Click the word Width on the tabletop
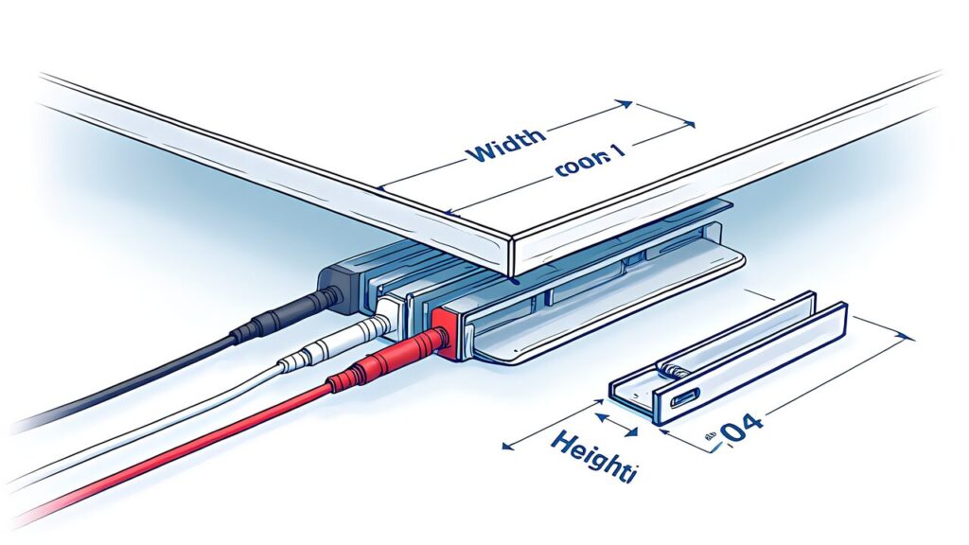505,144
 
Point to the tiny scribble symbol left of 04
707,437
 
